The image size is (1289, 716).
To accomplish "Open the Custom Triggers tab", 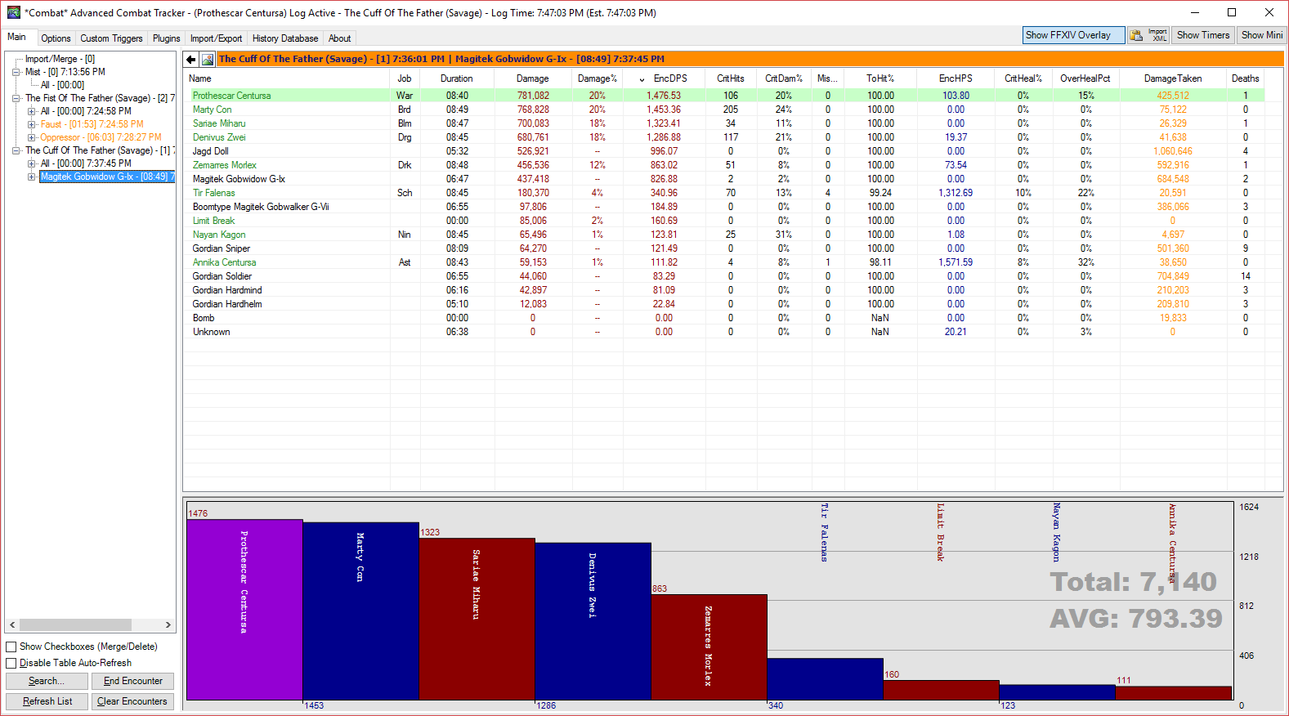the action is coord(111,38).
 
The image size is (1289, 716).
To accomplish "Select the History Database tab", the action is coord(284,38).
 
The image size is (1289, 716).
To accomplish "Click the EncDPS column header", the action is coord(669,78).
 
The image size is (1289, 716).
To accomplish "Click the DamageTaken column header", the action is coord(1172,78).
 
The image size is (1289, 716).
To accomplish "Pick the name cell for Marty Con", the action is coord(212,110).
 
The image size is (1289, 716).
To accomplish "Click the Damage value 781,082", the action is coord(532,96).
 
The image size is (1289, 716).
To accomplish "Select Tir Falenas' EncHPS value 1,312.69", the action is coord(956,193).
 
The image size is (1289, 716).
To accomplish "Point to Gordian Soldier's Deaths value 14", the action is coord(1245,276).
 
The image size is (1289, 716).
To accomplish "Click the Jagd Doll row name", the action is coord(210,151).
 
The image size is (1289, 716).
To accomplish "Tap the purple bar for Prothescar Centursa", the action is coord(244,610).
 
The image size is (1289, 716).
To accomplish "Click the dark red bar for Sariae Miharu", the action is coord(477,619).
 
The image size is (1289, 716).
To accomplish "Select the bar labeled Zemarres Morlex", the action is coord(709,647).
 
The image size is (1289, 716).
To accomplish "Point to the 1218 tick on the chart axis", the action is coord(1248,557).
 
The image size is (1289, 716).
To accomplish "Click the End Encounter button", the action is coord(133,681).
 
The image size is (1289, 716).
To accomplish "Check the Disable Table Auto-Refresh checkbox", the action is coord(11,663).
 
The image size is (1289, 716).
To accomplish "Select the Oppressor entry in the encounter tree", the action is coord(101,137).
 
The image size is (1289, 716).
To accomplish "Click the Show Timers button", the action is coord(1202,35).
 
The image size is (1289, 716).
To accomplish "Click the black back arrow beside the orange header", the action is coord(191,59).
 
